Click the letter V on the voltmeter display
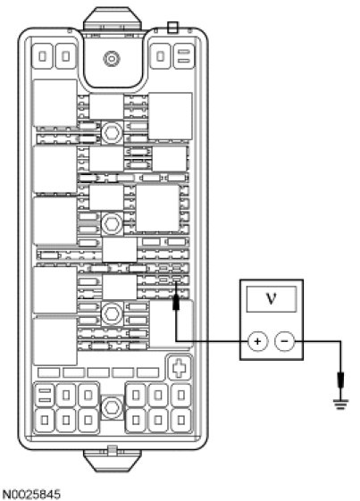272,298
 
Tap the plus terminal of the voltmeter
257,341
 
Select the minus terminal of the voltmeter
285,341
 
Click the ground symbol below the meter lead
341,405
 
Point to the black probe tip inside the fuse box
176,302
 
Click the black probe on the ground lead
341,380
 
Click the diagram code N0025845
30,494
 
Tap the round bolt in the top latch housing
112,59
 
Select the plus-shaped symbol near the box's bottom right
180,367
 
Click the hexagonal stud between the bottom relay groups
111,407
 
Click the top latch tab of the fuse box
112,19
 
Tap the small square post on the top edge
172,28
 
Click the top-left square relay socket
43,56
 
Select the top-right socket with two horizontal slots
184,56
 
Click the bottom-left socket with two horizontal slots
45,396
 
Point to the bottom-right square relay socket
181,420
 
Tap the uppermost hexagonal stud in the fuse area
112,132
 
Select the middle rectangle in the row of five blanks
98,372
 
